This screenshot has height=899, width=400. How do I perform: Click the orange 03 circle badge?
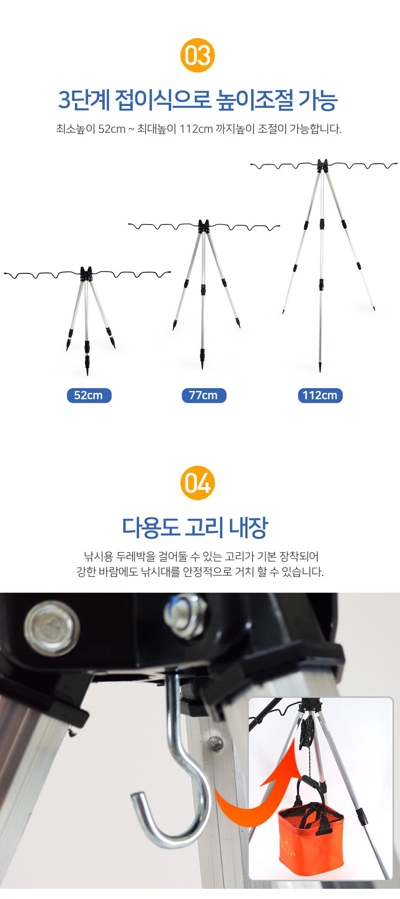click(x=198, y=55)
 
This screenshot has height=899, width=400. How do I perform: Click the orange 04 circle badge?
click(x=198, y=483)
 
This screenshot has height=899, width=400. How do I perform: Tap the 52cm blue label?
click(x=89, y=396)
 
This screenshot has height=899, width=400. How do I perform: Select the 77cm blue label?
click(x=204, y=396)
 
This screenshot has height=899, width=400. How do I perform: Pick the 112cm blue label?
click(x=320, y=396)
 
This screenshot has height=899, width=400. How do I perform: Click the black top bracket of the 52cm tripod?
click(x=87, y=274)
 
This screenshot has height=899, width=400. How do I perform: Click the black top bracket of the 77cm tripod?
click(x=203, y=226)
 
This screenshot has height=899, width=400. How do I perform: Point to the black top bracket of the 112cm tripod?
click(x=322, y=166)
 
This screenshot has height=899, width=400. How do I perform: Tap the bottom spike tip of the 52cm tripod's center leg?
click(x=87, y=374)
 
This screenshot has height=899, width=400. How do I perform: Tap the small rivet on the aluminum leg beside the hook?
click(x=215, y=743)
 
